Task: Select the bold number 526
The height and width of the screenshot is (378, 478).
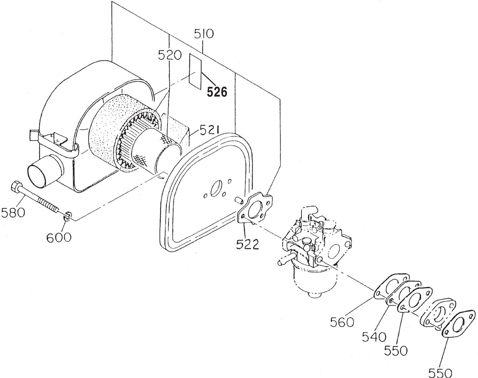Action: (217, 92)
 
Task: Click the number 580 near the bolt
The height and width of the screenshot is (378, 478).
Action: (13, 212)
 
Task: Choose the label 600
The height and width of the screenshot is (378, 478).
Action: (59, 237)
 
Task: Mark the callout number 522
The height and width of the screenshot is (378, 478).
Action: (247, 244)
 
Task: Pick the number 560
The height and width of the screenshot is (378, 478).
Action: (342, 321)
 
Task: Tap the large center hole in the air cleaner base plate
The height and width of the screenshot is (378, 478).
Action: (216, 188)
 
